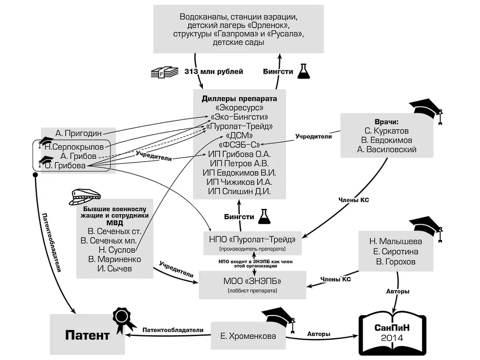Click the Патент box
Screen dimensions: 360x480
87,335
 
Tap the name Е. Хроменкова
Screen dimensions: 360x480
248,336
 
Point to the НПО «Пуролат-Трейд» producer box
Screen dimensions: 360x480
253,242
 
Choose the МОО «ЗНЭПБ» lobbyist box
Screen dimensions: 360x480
253,284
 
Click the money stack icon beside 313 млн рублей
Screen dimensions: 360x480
164,72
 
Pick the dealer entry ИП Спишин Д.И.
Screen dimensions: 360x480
239,192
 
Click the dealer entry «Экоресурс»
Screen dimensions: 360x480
239,108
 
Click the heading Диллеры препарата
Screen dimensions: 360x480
239,98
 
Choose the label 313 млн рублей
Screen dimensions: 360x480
214,72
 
